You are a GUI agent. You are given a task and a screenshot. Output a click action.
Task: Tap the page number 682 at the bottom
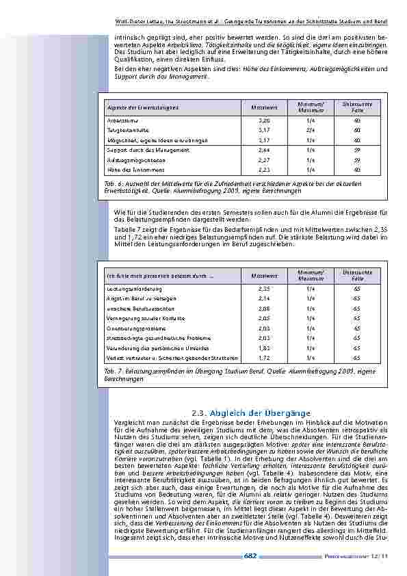[x=250, y=555]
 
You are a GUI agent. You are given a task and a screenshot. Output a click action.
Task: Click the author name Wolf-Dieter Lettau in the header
[x=142, y=4]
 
